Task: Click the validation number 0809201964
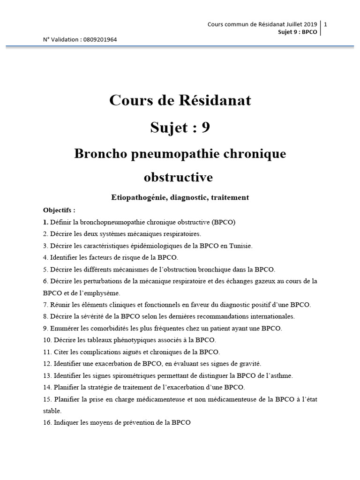(100, 40)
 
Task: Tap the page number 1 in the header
(325, 24)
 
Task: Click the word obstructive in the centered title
(178, 177)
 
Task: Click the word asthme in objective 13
(281, 375)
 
